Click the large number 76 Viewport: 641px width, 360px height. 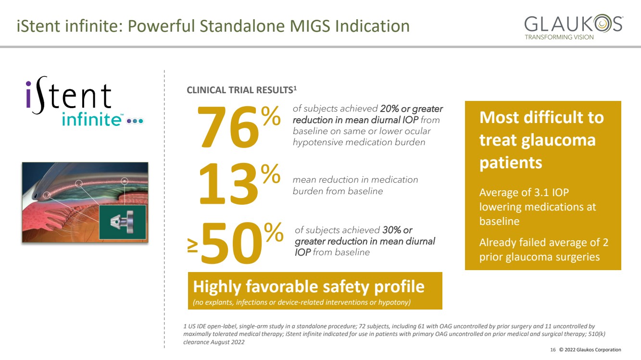[x=228, y=127]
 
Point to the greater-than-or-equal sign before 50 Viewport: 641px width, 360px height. [x=192, y=246]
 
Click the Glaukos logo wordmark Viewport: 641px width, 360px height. [x=574, y=23]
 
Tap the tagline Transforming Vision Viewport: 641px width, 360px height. [x=559, y=37]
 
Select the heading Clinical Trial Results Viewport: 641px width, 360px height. [x=241, y=90]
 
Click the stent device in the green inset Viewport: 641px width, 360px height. [x=122, y=222]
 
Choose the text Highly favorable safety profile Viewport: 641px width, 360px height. [x=309, y=286]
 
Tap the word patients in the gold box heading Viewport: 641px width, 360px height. [x=511, y=163]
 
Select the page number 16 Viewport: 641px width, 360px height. [x=553, y=350]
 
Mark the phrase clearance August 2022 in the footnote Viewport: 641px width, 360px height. [x=214, y=342]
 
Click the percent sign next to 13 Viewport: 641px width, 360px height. [x=271, y=174]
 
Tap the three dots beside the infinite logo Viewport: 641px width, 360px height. [x=135, y=121]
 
